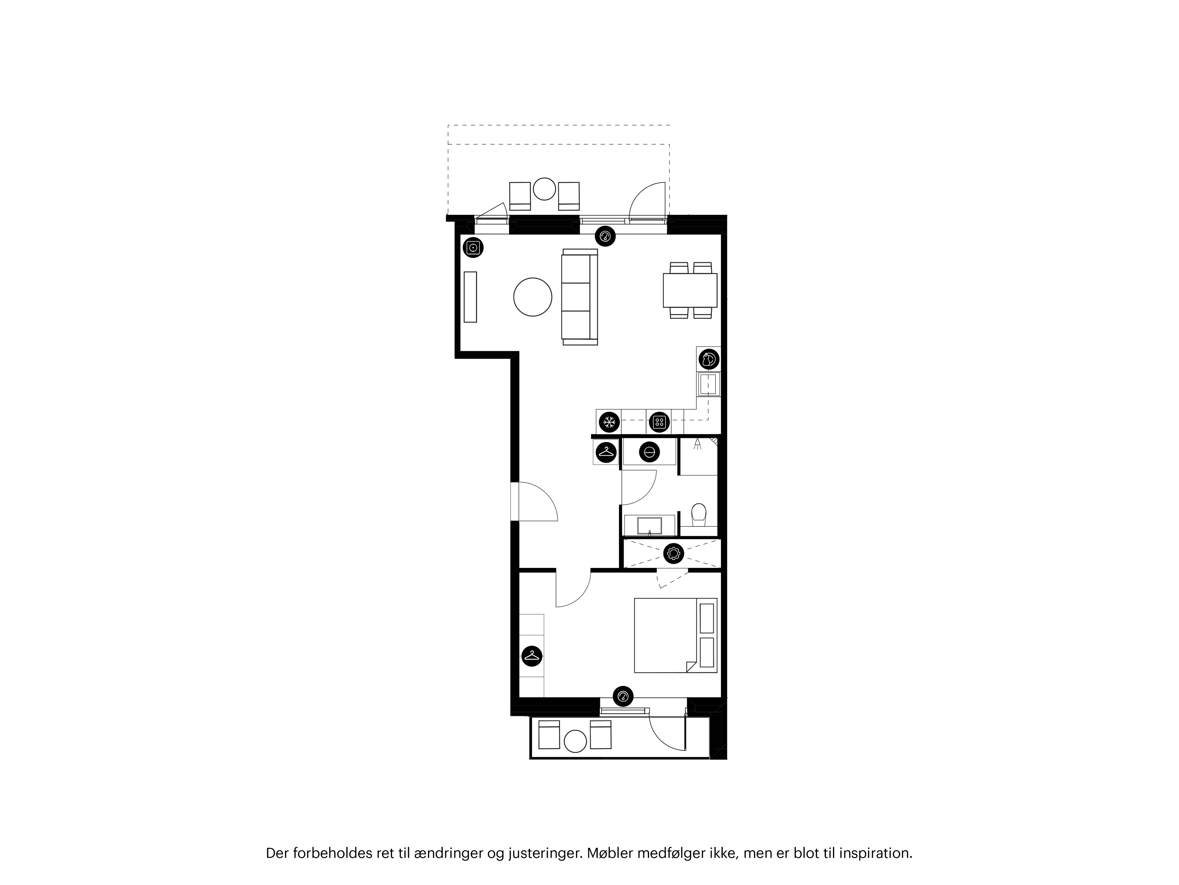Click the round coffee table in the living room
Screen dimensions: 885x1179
point(532,297)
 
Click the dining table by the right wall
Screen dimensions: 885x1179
point(690,290)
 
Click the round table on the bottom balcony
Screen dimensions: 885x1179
point(575,741)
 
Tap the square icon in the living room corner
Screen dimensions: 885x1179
point(473,247)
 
